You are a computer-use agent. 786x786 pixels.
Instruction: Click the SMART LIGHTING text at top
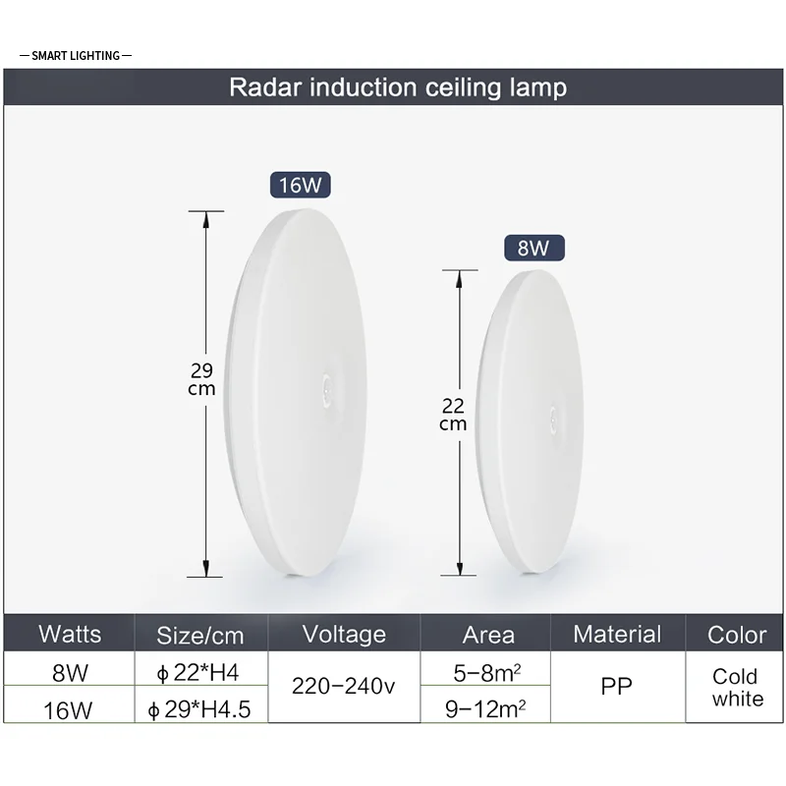coord(76,56)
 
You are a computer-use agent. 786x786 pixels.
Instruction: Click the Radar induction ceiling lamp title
coord(398,87)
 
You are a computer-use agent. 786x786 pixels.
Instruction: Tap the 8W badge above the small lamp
coord(533,248)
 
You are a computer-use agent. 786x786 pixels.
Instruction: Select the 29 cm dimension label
coord(201,379)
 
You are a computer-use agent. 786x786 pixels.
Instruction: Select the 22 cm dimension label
coord(453,414)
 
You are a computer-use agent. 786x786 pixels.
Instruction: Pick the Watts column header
coord(70,634)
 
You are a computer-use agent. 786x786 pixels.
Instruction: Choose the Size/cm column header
coord(200,636)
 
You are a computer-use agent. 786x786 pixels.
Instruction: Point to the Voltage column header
coord(344,634)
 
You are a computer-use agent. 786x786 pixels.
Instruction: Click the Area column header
coord(487,635)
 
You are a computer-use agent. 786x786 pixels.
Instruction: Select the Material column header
coord(617,634)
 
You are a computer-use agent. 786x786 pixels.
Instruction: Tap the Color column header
coord(737,635)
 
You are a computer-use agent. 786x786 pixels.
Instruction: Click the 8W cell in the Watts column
coord(69,673)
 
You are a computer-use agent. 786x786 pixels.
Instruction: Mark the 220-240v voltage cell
coord(344,686)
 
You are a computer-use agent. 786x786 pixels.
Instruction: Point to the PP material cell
coord(617,686)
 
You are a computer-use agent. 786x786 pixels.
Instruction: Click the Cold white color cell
coord(737,687)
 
